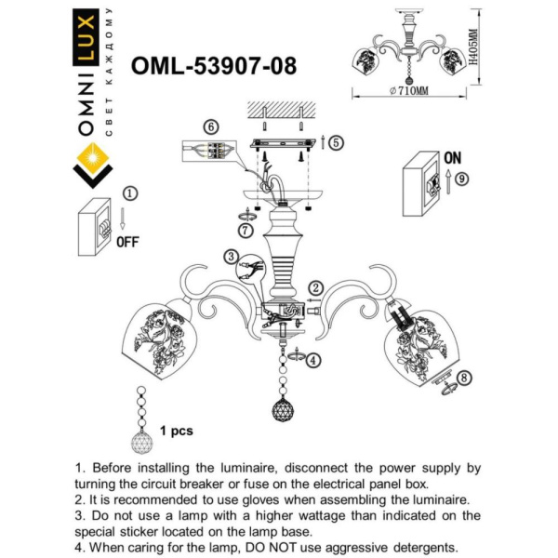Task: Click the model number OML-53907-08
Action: pos(215,66)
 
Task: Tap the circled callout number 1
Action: pos(129,193)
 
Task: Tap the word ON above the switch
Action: pos(453,157)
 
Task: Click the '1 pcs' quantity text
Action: pos(176,432)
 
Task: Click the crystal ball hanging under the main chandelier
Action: pos(283,407)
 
